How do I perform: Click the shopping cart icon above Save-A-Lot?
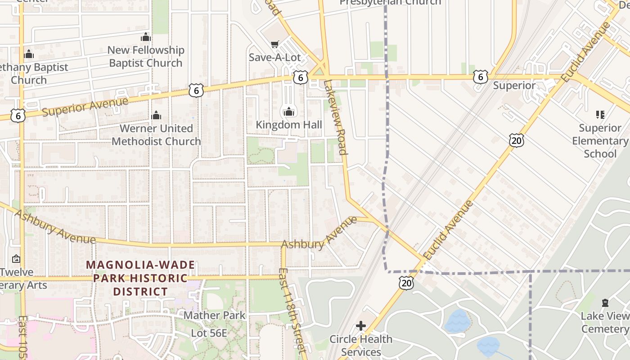(274, 44)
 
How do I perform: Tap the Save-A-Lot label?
(274, 57)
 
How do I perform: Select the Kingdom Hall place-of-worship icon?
(288, 111)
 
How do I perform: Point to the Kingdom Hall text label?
(288, 124)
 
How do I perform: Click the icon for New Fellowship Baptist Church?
(146, 37)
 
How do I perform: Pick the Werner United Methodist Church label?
(156, 135)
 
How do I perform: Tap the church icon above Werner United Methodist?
(156, 115)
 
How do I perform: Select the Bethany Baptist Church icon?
(29, 54)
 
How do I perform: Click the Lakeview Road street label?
(336, 117)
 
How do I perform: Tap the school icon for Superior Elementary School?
(600, 115)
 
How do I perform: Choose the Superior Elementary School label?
(600, 141)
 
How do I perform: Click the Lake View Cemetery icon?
(605, 302)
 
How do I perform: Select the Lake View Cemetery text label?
(605, 322)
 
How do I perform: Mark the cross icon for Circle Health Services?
(361, 325)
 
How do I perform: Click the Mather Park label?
(215, 315)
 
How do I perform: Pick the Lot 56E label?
(209, 333)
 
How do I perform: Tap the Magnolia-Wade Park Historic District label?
(140, 278)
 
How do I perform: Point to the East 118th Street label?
(292, 310)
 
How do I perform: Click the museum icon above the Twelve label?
(16, 259)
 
